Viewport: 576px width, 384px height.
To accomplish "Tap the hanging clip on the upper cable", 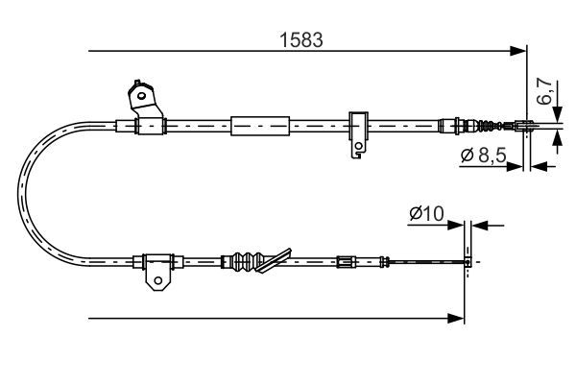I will point(357,134).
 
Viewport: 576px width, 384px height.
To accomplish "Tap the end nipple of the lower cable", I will point(468,260).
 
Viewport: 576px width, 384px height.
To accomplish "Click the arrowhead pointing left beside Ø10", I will point(480,226).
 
